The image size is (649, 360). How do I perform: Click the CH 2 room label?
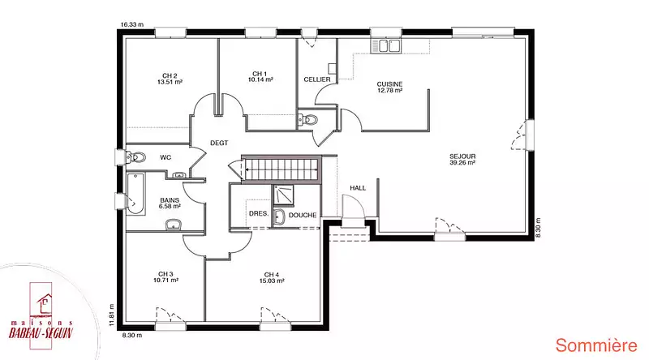point(170,79)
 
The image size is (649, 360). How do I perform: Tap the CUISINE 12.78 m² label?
point(389,87)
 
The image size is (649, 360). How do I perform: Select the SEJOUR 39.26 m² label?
point(462,159)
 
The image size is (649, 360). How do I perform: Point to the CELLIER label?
point(317,79)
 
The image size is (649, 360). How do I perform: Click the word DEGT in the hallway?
point(219,143)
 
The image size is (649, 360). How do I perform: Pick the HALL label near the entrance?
point(358,188)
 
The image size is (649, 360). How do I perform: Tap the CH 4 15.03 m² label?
point(272,277)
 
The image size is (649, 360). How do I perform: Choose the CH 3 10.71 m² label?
point(165,276)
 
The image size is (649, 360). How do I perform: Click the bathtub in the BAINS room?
point(135,194)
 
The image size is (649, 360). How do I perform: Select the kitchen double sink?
point(386,46)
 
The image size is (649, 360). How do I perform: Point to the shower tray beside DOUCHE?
point(283,195)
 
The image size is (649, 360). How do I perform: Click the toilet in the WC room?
point(135,157)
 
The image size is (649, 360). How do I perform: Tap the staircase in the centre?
point(282,169)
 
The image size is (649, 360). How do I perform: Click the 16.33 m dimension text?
point(132,24)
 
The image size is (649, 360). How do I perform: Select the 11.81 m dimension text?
point(111,315)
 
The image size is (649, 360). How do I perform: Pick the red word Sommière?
point(596,345)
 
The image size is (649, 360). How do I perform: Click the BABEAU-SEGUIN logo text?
point(41,332)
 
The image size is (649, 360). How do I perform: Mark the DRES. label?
point(259,214)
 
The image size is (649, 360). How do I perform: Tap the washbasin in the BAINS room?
point(174,225)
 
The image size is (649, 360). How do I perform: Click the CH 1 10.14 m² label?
point(260,76)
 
